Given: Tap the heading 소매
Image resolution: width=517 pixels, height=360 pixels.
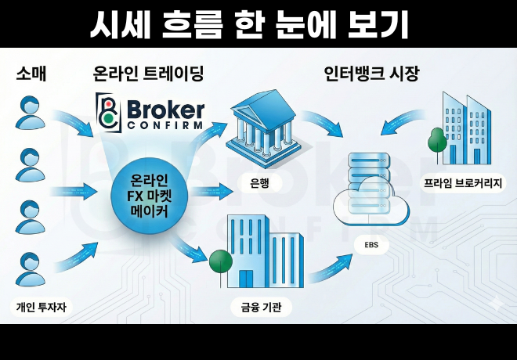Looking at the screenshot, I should [31, 74].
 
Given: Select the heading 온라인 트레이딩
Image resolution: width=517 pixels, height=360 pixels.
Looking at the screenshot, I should [148, 74].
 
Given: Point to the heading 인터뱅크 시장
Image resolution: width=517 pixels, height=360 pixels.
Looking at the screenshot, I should [371, 74].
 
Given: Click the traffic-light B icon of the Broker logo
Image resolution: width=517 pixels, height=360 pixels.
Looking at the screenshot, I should [107, 112].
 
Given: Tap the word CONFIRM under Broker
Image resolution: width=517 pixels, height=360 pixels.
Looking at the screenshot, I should [164, 124].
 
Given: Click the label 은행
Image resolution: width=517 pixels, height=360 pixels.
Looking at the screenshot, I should [260, 184].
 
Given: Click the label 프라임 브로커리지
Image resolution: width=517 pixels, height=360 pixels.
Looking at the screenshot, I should [465, 184].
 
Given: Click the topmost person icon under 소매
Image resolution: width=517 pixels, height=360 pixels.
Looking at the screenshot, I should [31, 112].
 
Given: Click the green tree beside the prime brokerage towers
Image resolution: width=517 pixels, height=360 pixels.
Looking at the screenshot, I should [436, 141].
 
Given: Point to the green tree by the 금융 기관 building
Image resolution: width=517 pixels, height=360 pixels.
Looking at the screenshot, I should [219, 260].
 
